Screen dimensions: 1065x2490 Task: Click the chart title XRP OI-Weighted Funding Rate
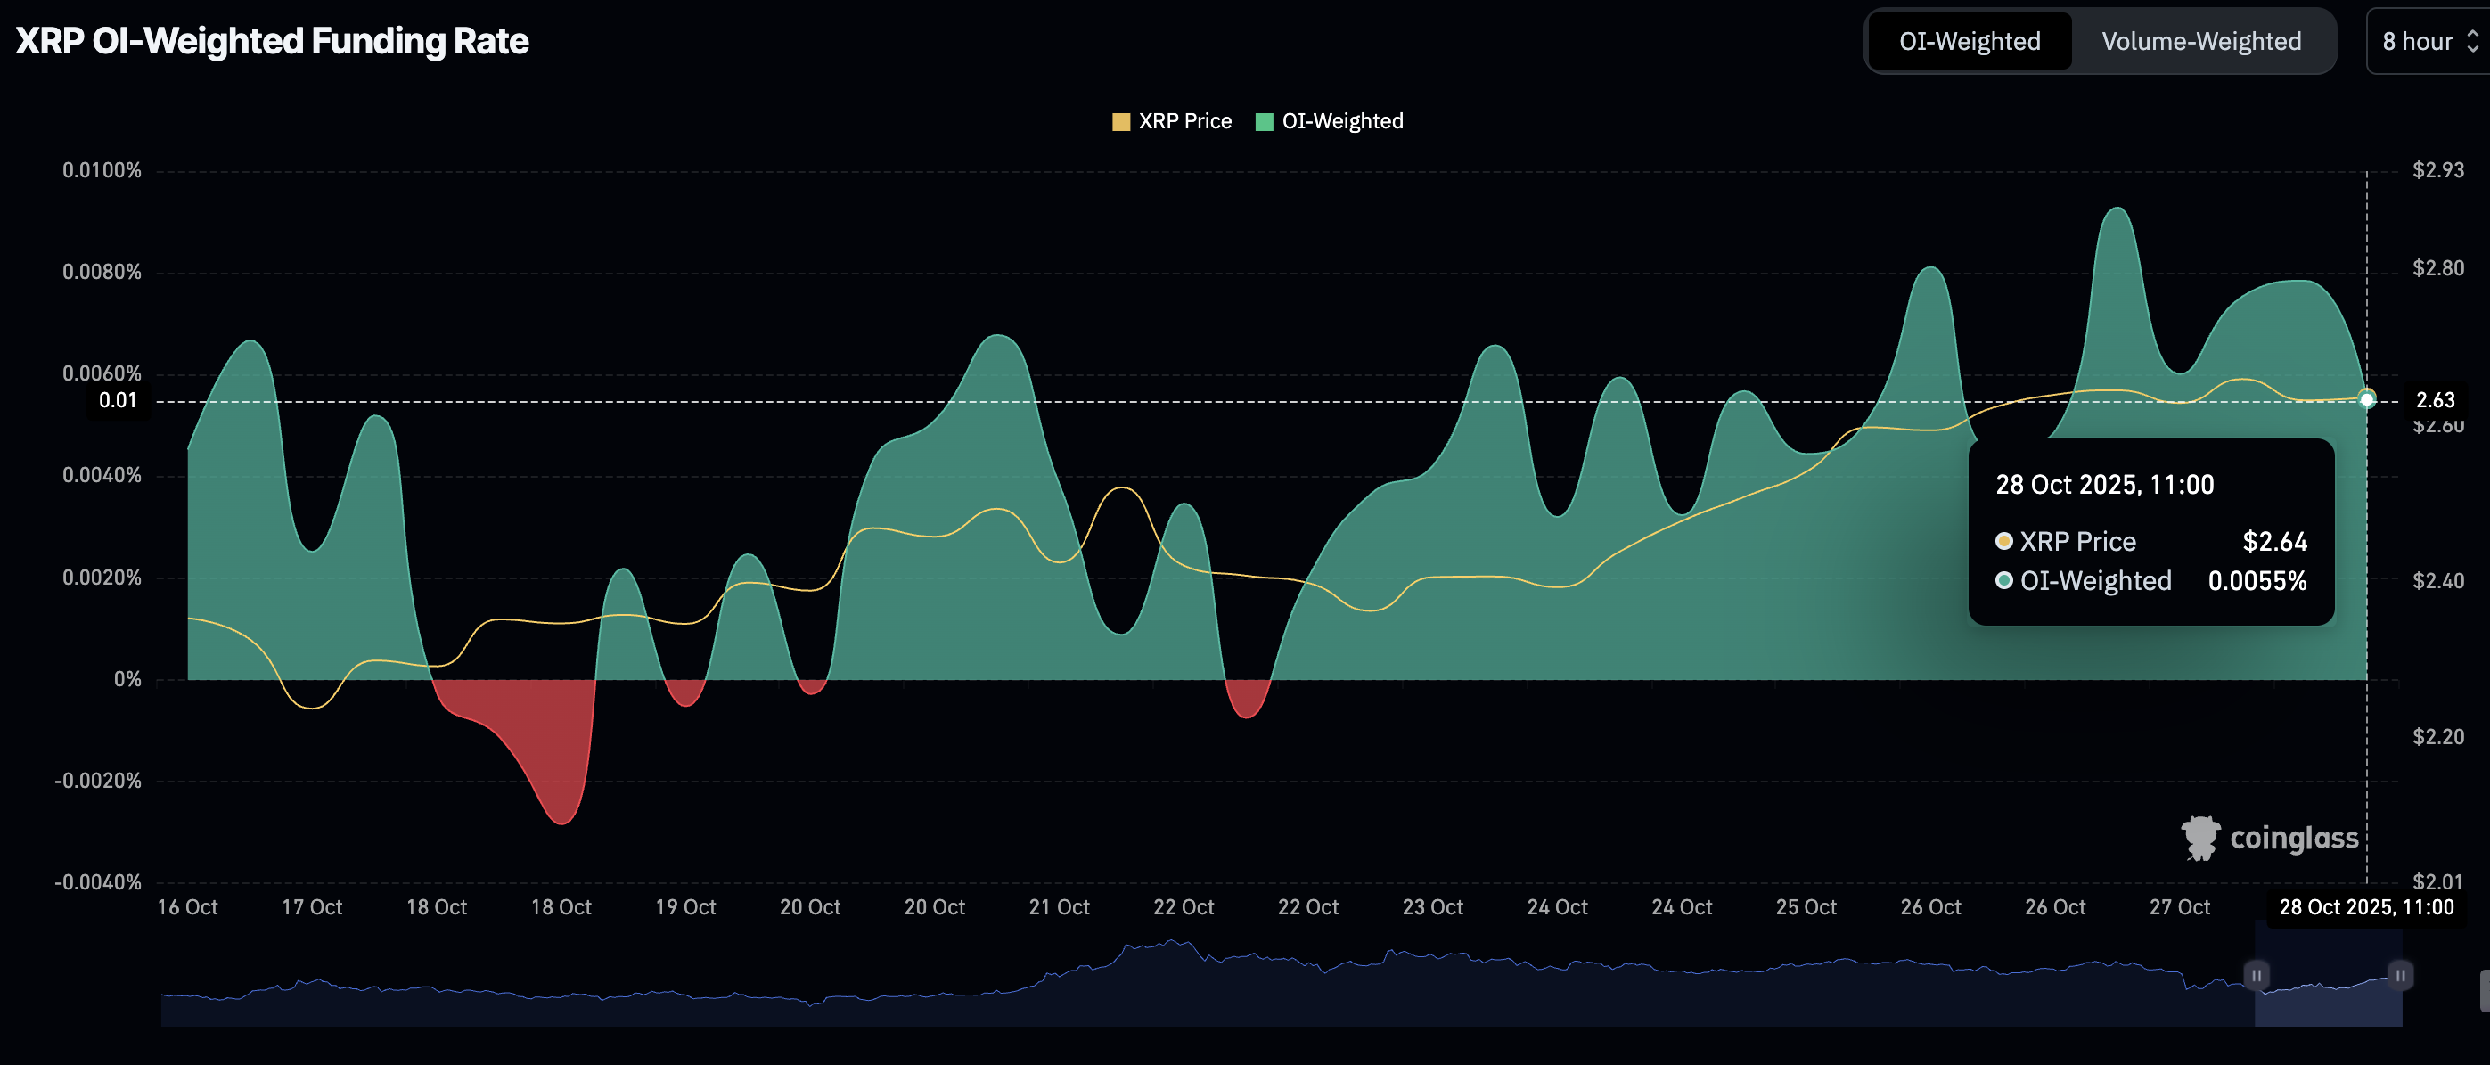(272, 42)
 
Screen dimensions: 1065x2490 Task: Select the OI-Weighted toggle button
(1969, 42)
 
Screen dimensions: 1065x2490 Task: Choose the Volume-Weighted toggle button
(2200, 42)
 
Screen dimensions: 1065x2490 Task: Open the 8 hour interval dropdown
(2427, 42)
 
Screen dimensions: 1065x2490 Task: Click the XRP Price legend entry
(1172, 122)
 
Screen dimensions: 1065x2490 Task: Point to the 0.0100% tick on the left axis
(102, 171)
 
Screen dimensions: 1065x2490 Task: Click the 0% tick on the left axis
(127, 679)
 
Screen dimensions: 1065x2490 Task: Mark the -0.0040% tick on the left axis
(98, 882)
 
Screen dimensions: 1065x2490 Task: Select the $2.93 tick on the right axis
(2437, 171)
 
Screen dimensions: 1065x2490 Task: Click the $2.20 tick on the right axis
(2437, 737)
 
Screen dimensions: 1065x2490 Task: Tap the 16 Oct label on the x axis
(187, 907)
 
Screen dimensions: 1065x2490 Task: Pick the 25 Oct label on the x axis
(1806, 907)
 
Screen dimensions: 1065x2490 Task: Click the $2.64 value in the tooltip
(2274, 542)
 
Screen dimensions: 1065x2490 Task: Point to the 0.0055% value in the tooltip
(2257, 581)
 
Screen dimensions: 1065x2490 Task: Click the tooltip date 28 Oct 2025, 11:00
(2104, 485)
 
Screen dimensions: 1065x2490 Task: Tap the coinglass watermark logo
(2269, 838)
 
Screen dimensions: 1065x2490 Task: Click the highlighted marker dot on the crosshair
(2366, 399)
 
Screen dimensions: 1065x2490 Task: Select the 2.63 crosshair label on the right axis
(2435, 400)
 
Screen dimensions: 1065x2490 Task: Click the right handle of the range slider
(2400, 975)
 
